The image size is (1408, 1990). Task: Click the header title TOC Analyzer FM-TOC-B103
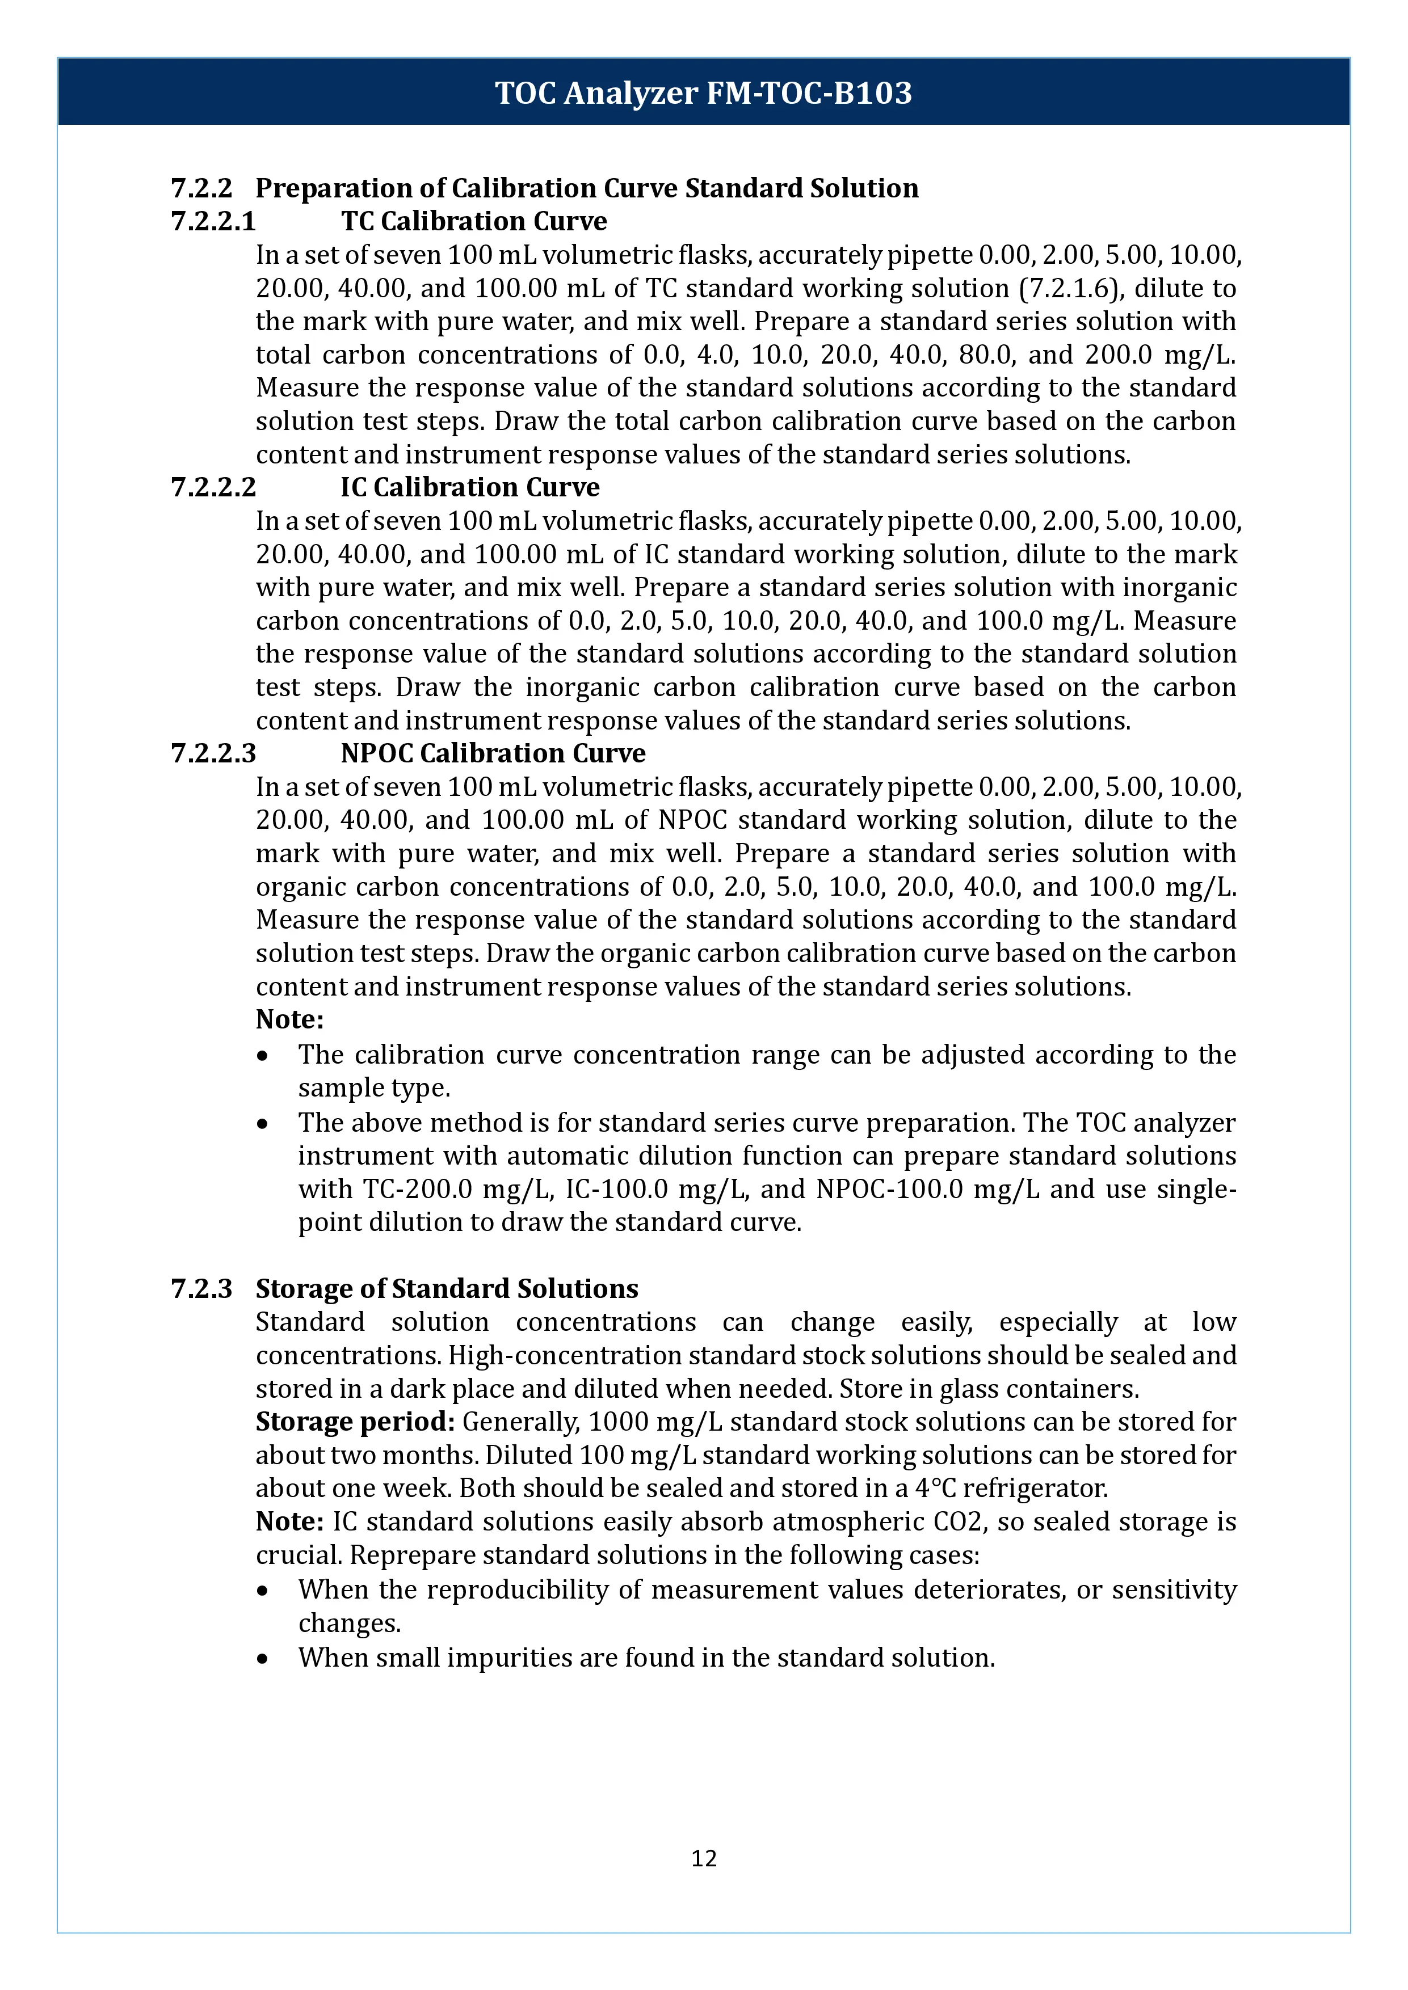point(703,92)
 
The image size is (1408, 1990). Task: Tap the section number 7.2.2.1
point(213,222)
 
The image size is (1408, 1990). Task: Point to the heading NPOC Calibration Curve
point(493,754)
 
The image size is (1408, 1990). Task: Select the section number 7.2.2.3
point(213,754)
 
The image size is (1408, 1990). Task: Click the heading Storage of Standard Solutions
point(447,1289)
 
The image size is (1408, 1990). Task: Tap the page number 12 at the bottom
point(703,1858)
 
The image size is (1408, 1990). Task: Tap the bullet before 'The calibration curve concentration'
point(263,1056)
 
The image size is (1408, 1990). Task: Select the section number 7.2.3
point(201,1289)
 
